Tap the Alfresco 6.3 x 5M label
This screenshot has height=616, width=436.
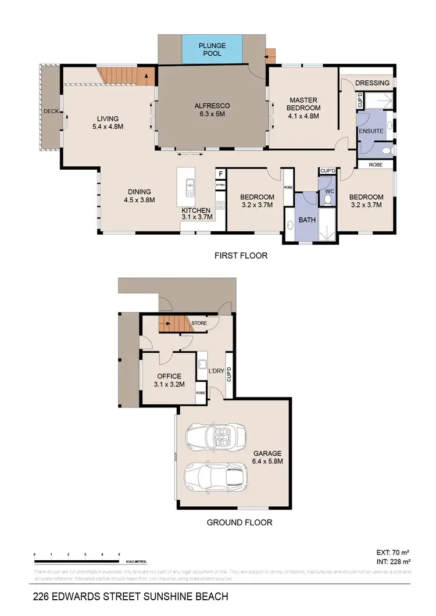click(212, 110)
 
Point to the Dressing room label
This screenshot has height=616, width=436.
click(372, 83)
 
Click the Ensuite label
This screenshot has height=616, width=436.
click(371, 131)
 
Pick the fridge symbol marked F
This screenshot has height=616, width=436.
click(221, 174)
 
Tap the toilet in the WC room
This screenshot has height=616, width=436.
click(327, 199)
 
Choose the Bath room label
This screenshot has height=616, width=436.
click(306, 220)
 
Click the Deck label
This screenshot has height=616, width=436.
click(51, 111)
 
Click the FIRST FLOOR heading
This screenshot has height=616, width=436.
click(240, 256)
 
